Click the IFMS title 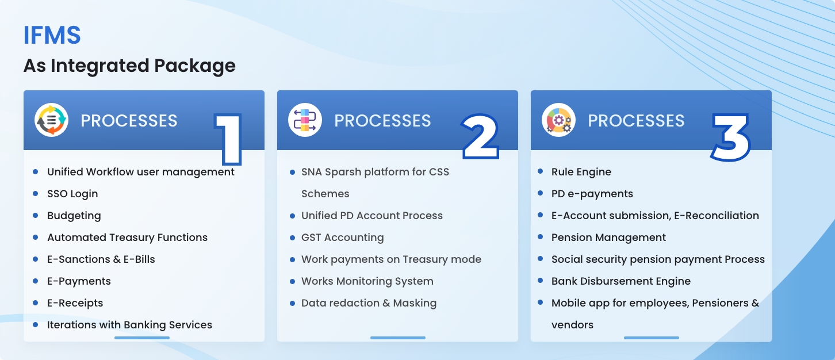(52, 36)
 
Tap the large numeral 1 (228, 139)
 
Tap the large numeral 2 (480, 136)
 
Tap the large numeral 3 (730, 137)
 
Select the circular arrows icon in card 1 (51, 120)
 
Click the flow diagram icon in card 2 (305, 120)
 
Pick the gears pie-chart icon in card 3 (558, 120)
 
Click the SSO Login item (72, 194)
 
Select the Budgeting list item (74, 216)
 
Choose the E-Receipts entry (75, 303)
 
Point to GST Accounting (342, 238)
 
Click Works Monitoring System (367, 281)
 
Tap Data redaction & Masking (369, 303)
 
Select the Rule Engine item (581, 172)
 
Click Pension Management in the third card (608, 238)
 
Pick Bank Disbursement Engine (620, 281)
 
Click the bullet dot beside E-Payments (36, 281)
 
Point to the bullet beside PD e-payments (540, 193)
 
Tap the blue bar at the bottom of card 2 (398, 338)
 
